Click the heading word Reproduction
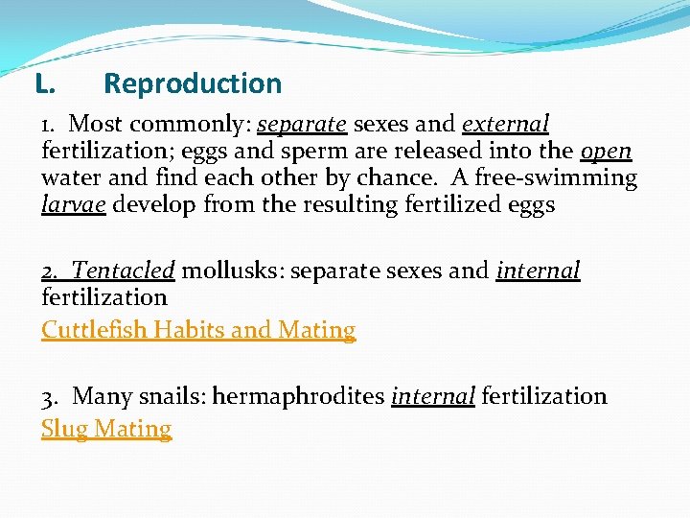click(x=193, y=83)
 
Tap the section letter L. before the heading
click(x=43, y=84)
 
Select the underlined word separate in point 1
click(x=302, y=125)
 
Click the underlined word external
click(x=505, y=125)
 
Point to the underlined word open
click(x=606, y=152)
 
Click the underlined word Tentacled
click(x=124, y=271)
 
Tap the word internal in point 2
click(x=538, y=271)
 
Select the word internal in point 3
click(x=433, y=396)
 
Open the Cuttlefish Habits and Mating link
click(x=198, y=330)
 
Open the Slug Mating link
click(x=106, y=429)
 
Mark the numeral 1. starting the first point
click(x=51, y=125)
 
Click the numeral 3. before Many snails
click(x=52, y=396)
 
